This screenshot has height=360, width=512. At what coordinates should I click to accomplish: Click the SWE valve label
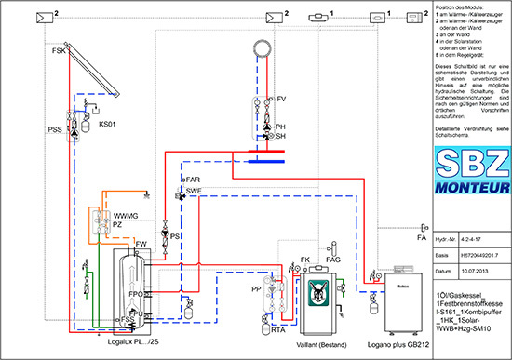pos(194,190)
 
